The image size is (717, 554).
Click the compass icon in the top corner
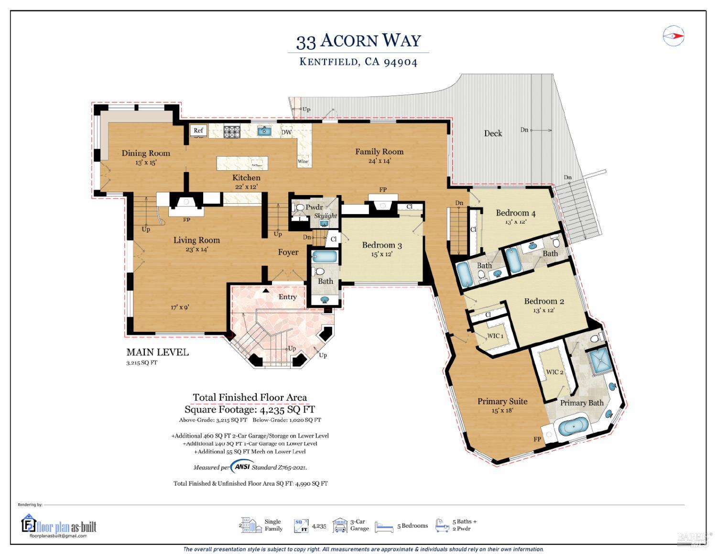pyautogui.click(x=674, y=36)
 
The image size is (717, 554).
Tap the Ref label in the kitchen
pyautogui.click(x=198, y=130)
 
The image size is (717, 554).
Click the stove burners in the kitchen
pyautogui.click(x=232, y=131)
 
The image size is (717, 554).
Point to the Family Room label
pyautogui.click(x=379, y=152)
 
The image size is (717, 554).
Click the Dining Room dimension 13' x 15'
pyautogui.click(x=146, y=163)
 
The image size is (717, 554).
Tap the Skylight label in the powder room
pyautogui.click(x=326, y=216)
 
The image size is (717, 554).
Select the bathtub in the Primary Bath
pyautogui.click(x=573, y=425)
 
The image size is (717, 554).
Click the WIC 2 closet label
pyautogui.click(x=555, y=372)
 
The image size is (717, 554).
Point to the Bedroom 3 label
pyautogui.click(x=381, y=245)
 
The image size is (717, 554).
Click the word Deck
pyautogui.click(x=493, y=133)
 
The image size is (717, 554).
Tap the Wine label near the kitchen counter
pyautogui.click(x=303, y=162)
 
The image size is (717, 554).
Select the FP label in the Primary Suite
pyautogui.click(x=537, y=439)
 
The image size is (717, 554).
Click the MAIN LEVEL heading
pyautogui.click(x=157, y=352)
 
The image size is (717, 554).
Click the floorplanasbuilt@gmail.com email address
pyautogui.click(x=58, y=536)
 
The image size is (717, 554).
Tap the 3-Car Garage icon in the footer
pyautogui.click(x=339, y=525)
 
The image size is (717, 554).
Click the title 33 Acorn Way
pyautogui.click(x=358, y=41)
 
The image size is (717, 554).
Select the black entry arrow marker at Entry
pyautogui.click(x=266, y=290)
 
